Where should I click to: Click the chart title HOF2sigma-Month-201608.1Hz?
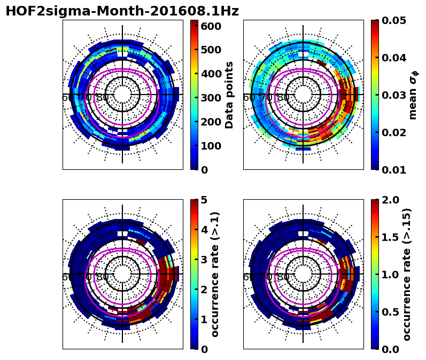pyautogui.click(x=122, y=11)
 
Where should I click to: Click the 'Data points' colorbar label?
pyautogui.click(x=230, y=95)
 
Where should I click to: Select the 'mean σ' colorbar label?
pyautogui.click(x=413, y=95)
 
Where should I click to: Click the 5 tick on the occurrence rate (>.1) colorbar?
pyautogui.click(x=204, y=200)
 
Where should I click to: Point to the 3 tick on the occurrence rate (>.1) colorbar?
pyautogui.click(x=204, y=259)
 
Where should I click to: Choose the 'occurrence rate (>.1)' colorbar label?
pyautogui.click(x=215, y=274)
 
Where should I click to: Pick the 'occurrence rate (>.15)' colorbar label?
pyautogui.click(x=407, y=274)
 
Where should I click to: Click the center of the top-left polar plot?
pyautogui.click(x=122, y=95)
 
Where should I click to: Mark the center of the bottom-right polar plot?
pyautogui.click(x=303, y=274)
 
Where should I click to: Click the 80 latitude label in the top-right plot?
pyautogui.click(x=283, y=98)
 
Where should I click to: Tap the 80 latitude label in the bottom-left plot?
pyautogui.click(x=103, y=277)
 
